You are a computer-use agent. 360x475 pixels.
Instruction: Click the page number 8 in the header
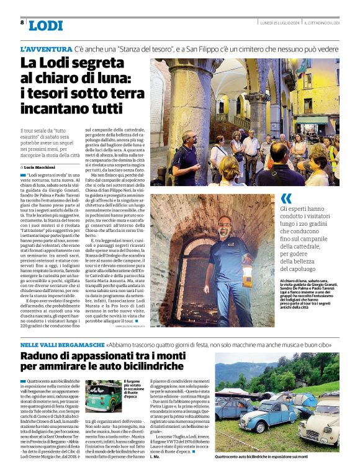tap(22, 22)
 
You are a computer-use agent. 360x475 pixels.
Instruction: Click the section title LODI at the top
tap(45, 25)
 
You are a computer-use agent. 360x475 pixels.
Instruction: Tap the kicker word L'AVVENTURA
tap(46, 48)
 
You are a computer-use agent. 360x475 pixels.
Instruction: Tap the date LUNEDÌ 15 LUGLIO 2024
tap(280, 22)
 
